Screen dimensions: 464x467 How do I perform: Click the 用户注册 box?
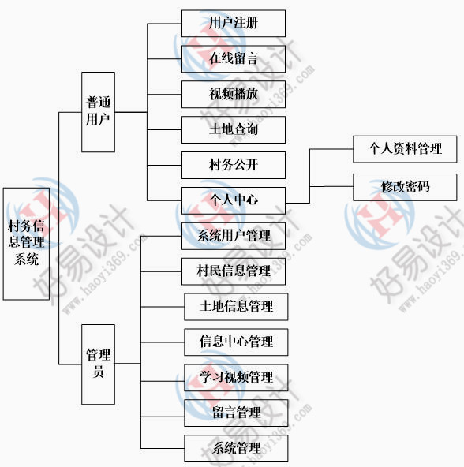234,24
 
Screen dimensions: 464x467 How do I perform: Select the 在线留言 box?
234,59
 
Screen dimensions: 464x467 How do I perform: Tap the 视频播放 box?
234,95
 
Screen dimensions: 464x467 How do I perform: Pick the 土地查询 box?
234,130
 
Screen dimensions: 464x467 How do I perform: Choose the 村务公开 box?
234,166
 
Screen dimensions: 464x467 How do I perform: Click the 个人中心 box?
234,200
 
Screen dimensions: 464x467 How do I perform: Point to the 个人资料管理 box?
405,149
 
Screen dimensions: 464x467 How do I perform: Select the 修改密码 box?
405,187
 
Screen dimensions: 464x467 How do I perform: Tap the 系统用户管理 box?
234,236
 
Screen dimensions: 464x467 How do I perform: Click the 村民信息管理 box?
234,271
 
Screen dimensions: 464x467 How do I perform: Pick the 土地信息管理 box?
236,307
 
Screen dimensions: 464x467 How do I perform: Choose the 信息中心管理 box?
236,342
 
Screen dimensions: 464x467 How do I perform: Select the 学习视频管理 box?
236,378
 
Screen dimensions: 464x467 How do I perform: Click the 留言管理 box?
236,413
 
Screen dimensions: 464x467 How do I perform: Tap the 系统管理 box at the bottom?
236,449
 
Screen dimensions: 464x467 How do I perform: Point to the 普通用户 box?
98,112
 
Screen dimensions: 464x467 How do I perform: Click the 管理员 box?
98,364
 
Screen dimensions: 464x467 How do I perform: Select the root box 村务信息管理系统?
26,244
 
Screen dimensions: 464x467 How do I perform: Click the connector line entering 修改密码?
331,187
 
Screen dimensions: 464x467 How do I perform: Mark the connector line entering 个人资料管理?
331,149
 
